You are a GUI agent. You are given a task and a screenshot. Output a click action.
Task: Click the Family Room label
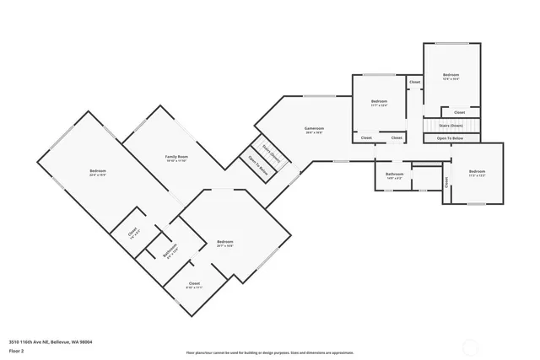(x=176, y=159)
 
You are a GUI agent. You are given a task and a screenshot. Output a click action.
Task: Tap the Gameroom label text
(x=315, y=129)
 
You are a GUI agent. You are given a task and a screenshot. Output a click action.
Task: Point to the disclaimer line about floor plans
(x=270, y=352)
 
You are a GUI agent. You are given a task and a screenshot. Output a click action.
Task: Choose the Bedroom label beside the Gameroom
(x=379, y=102)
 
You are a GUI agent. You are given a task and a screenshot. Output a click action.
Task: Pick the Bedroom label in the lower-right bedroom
(x=478, y=172)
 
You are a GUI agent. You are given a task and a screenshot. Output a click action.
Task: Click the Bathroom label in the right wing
(x=395, y=175)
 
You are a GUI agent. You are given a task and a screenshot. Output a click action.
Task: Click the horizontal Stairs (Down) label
(x=450, y=125)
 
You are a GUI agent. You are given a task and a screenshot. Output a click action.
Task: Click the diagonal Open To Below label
(x=257, y=165)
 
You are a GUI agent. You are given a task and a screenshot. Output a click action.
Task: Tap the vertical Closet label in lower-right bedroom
(x=446, y=181)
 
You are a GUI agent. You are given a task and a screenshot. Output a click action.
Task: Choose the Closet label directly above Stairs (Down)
(x=459, y=112)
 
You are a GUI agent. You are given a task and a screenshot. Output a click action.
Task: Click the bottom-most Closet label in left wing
(x=194, y=284)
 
